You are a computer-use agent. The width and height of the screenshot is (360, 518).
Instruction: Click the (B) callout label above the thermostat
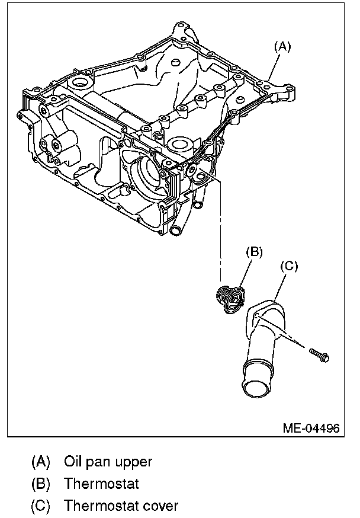(253, 251)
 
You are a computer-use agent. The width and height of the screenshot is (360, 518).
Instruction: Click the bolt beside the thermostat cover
(320, 356)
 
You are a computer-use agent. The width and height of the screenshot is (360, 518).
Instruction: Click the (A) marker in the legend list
(41, 461)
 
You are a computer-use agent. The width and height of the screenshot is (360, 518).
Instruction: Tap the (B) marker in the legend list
(41, 484)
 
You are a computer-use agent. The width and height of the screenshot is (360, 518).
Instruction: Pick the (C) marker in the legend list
(41, 506)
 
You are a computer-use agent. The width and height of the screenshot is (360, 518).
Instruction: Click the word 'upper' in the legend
(134, 462)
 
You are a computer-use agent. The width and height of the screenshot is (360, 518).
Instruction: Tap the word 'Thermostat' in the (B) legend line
(101, 484)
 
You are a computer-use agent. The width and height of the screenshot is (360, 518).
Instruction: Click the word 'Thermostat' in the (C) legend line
(101, 506)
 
